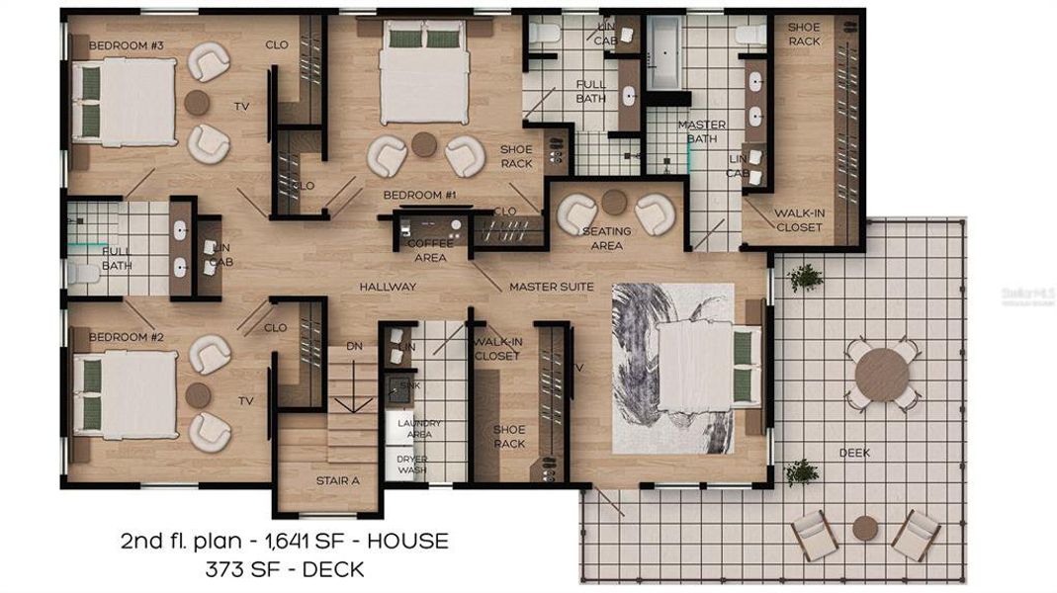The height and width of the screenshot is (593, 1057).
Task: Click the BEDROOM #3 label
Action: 127,45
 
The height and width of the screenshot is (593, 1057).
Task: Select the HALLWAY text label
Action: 388,287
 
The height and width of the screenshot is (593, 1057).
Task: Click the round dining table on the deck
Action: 882,375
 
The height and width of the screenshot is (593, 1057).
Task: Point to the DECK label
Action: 855,453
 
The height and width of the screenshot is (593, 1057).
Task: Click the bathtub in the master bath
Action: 662,51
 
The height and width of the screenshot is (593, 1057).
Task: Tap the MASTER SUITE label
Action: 552,287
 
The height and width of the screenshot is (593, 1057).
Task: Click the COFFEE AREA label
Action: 431,250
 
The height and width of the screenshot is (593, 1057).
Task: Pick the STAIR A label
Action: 338,481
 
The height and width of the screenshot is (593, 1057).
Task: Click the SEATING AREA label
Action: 606,238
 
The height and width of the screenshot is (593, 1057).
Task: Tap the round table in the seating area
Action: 614,202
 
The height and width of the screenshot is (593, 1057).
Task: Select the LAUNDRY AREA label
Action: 419,428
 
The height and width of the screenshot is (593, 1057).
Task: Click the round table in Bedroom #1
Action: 424,144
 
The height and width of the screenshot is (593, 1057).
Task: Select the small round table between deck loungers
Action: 865,528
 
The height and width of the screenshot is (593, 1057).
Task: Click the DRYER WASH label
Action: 412,465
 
